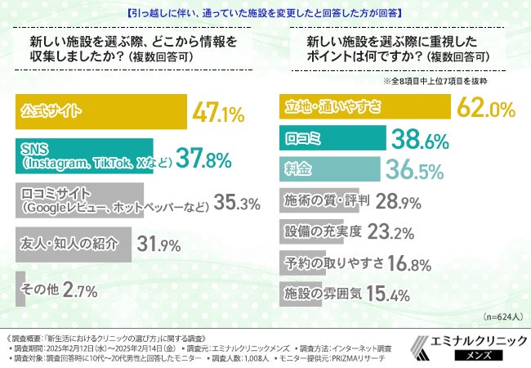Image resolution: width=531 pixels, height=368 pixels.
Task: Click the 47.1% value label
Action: click(218, 112)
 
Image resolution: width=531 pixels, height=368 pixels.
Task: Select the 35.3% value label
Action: click(236, 201)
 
